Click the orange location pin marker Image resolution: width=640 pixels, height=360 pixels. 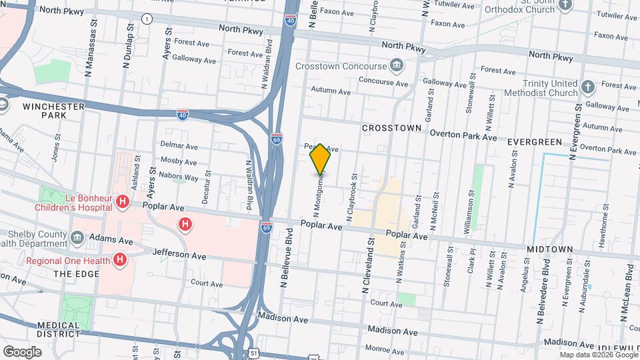pyautogui.click(x=321, y=159)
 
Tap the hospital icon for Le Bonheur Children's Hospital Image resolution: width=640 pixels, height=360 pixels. pyautogui.click(x=122, y=201)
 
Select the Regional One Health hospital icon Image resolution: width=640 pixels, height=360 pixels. pyautogui.click(x=120, y=259)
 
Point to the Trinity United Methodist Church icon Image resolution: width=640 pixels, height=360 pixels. pyautogui.click(x=587, y=87)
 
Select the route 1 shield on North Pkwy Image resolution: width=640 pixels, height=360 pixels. pyautogui.click(x=146, y=19)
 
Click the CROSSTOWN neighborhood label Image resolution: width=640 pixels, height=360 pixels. pyautogui.click(x=392, y=127)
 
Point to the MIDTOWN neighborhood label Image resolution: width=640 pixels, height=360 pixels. pyautogui.click(x=550, y=249)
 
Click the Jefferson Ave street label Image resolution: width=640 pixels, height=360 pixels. pyautogui.click(x=179, y=254)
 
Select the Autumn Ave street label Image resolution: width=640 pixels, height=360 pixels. pyautogui.click(x=330, y=91)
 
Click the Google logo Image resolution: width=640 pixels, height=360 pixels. pyautogui.click(x=22, y=351)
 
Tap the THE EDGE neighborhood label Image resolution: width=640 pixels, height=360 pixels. pyautogui.click(x=71, y=273)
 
